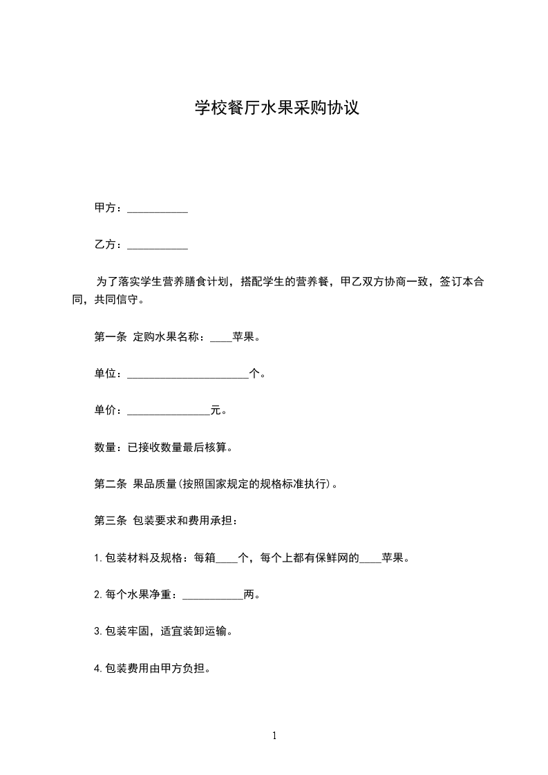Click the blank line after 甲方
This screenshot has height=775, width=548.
(158, 209)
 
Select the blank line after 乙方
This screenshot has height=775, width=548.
(158, 245)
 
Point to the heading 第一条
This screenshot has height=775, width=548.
(110, 338)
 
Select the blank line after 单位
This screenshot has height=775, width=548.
(188, 375)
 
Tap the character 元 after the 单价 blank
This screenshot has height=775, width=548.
(216, 411)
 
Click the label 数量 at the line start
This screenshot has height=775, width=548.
(104, 448)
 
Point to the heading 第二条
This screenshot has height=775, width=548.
(110, 484)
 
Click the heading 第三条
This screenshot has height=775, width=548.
(110, 521)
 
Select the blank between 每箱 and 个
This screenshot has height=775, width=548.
(227, 559)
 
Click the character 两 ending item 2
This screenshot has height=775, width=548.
(249, 594)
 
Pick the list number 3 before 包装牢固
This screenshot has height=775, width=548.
(97, 631)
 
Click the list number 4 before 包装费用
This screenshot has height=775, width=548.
(97, 668)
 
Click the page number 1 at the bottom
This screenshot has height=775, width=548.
(274, 736)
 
